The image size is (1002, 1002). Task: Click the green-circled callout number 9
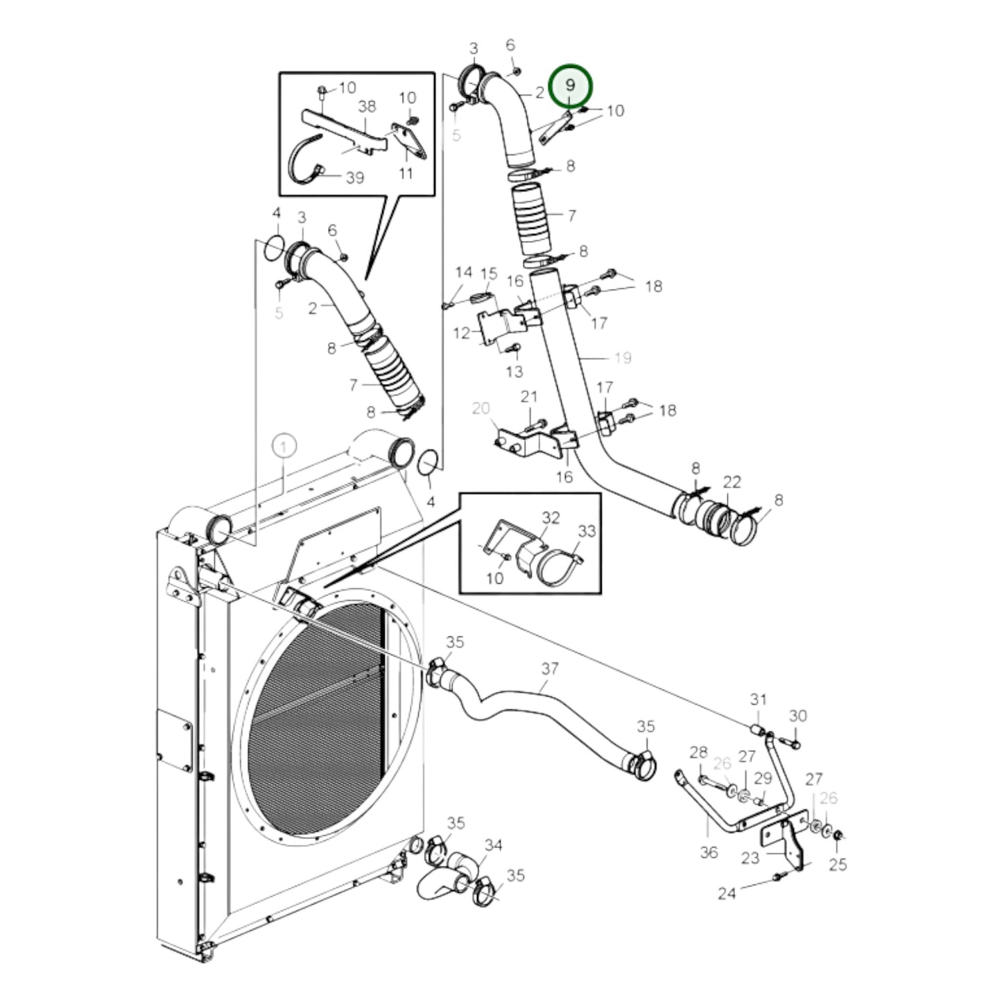click(570, 85)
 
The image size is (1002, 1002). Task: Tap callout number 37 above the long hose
click(550, 669)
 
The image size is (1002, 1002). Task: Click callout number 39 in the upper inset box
click(354, 178)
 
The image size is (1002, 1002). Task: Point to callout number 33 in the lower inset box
click(587, 531)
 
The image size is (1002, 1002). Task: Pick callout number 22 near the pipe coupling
click(732, 481)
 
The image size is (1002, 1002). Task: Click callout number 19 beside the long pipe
click(623, 358)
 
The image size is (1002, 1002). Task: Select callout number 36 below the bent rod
click(708, 852)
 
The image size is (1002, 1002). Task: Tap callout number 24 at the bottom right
click(726, 894)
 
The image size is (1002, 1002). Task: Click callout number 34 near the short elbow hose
click(493, 845)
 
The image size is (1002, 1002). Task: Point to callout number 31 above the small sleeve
click(758, 699)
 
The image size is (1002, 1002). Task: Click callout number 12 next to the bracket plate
click(462, 334)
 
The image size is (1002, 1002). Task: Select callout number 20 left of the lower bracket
click(481, 408)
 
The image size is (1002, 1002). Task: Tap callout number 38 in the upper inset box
click(367, 106)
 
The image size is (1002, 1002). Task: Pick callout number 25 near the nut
click(838, 865)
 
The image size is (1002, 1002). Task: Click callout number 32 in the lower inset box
click(551, 517)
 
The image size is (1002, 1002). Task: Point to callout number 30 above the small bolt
click(797, 716)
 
